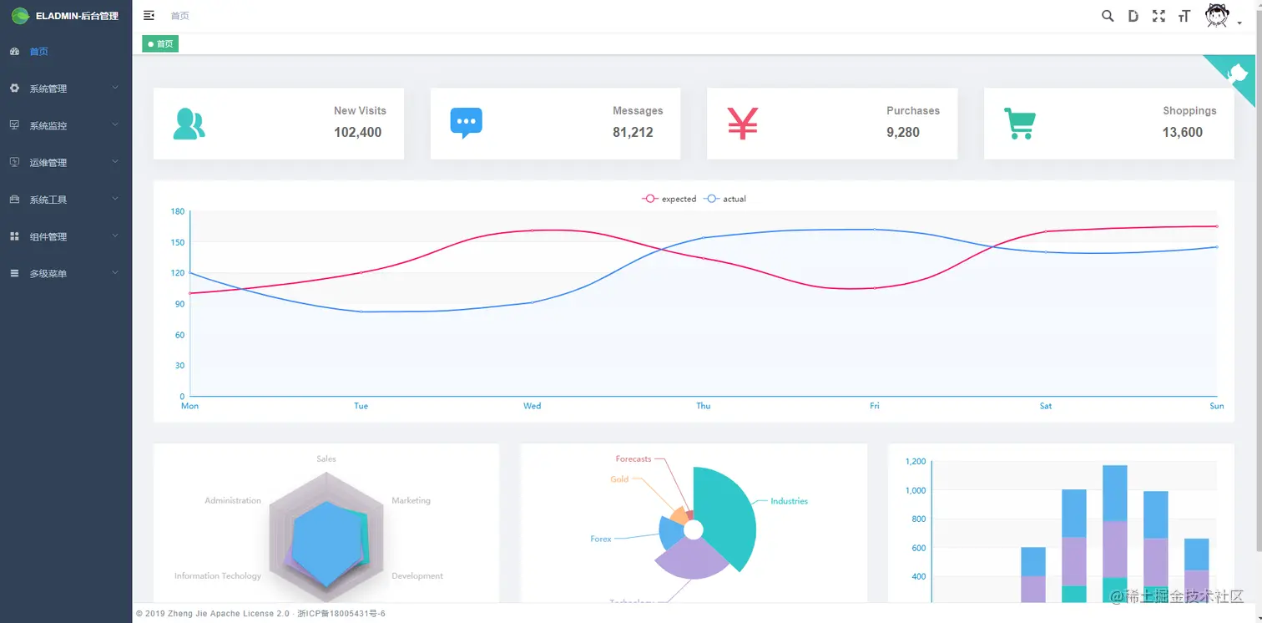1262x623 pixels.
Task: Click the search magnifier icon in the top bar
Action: (x=1108, y=16)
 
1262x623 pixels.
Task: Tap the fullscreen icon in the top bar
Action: (x=1159, y=16)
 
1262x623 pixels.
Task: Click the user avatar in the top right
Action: (x=1217, y=16)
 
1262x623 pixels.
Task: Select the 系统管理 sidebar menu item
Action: (x=48, y=89)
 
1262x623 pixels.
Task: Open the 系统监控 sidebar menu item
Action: (x=48, y=125)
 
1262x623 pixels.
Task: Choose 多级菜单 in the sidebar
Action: (x=48, y=274)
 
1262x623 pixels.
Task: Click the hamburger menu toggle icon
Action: (x=149, y=16)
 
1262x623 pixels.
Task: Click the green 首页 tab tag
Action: (x=160, y=44)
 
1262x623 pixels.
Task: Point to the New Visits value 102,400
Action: (x=357, y=132)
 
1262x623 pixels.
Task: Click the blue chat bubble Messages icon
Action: (x=466, y=123)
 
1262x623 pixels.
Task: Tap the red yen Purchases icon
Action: (x=742, y=123)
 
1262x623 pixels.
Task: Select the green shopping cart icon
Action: (x=1019, y=124)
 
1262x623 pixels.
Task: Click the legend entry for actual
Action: (x=726, y=199)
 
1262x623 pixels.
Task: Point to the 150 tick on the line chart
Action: (x=177, y=242)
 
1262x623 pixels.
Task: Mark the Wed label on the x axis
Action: (x=532, y=406)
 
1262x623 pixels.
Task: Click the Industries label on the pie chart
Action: (x=789, y=501)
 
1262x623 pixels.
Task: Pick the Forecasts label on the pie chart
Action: (x=634, y=459)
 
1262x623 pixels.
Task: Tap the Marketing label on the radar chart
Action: (x=411, y=500)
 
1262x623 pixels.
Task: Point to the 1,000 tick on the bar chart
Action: (x=916, y=490)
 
